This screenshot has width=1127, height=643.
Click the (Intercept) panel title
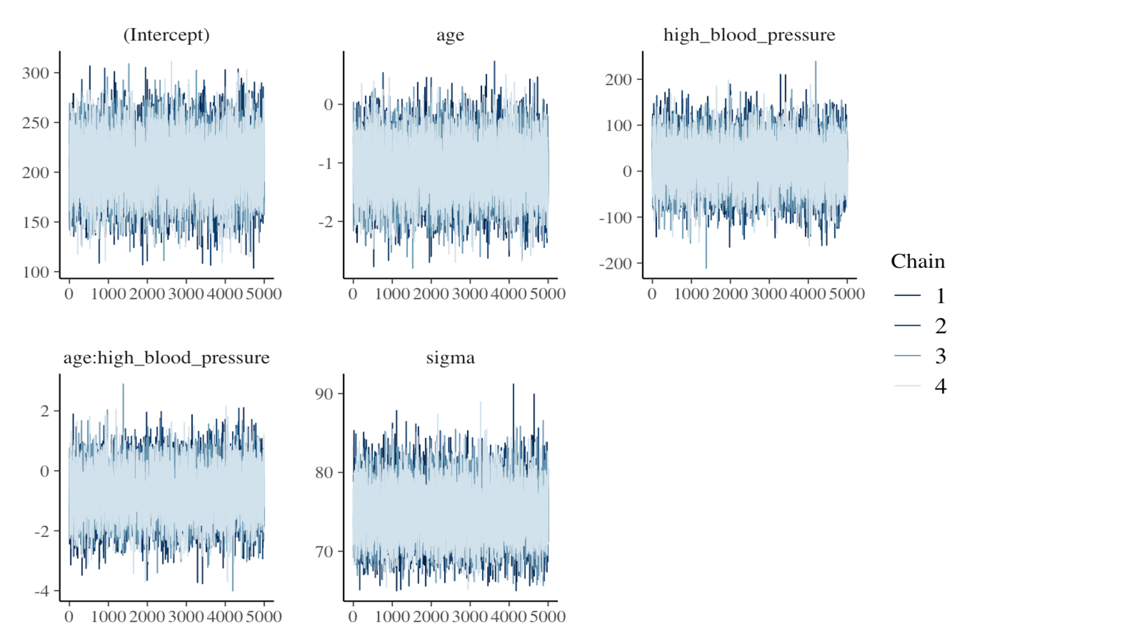coord(166,35)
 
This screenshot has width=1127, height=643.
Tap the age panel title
coord(450,35)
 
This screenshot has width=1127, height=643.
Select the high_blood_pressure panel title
coord(749,35)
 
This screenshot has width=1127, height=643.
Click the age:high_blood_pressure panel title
coord(166,358)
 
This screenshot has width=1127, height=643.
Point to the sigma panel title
coord(450,358)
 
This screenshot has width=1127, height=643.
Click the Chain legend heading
coord(917,261)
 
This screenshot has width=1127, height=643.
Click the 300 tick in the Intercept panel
coord(35,73)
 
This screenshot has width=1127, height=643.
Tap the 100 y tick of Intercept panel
coord(35,272)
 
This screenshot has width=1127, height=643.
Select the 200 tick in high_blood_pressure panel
coord(618,80)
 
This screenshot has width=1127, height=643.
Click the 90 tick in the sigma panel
coord(324,394)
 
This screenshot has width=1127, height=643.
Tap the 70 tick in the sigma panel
coord(324,551)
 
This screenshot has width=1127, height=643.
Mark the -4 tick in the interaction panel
coord(42,591)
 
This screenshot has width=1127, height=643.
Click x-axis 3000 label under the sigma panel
coord(469,617)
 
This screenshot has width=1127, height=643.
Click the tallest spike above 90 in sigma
coord(513,385)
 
